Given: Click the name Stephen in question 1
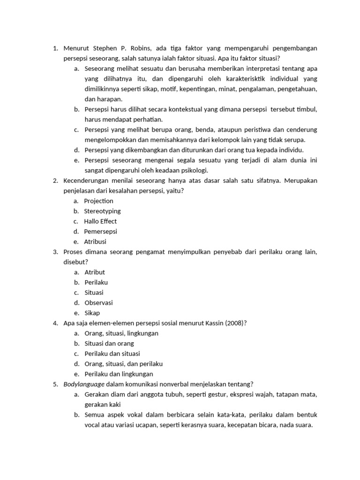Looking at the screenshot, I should click(x=105, y=48).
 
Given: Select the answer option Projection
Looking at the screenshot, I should click(x=98, y=201).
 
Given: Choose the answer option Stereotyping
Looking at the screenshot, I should click(x=102, y=211).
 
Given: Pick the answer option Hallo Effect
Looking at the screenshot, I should click(x=100, y=222).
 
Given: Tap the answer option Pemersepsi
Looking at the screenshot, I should click(x=100, y=232).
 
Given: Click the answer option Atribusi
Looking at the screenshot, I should click(x=95, y=242).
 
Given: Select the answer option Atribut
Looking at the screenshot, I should click(x=95, y=272).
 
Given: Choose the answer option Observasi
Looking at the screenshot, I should click(x=98, y=303).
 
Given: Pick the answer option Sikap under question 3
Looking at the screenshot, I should click(x=92, y=313).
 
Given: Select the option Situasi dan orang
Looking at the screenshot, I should click(x=109, y=344).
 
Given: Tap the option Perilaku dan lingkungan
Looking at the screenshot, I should click(x=119, y=374).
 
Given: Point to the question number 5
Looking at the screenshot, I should click(x=55, y=384).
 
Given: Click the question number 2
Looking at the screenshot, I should click(x=55, y=181).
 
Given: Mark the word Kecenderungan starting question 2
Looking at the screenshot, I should click(x=86, y=181).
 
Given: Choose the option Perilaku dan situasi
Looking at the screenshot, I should click(x=112, y=354).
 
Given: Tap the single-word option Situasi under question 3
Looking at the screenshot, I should click(x=94, y=292).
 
